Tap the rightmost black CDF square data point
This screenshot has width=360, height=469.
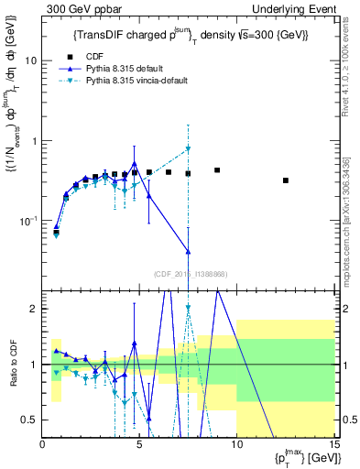coord(286,180)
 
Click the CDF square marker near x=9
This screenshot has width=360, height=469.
coord(217,170)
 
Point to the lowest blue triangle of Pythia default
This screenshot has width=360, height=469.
coord(188,252)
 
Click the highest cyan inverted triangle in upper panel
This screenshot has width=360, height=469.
coord(188,148)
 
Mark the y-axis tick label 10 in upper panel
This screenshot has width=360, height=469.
coord(32,60)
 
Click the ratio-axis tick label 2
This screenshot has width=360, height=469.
coord(35,309)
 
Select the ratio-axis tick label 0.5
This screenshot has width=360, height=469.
coord(31,420)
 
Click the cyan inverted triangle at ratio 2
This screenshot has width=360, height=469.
coord(188,309)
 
